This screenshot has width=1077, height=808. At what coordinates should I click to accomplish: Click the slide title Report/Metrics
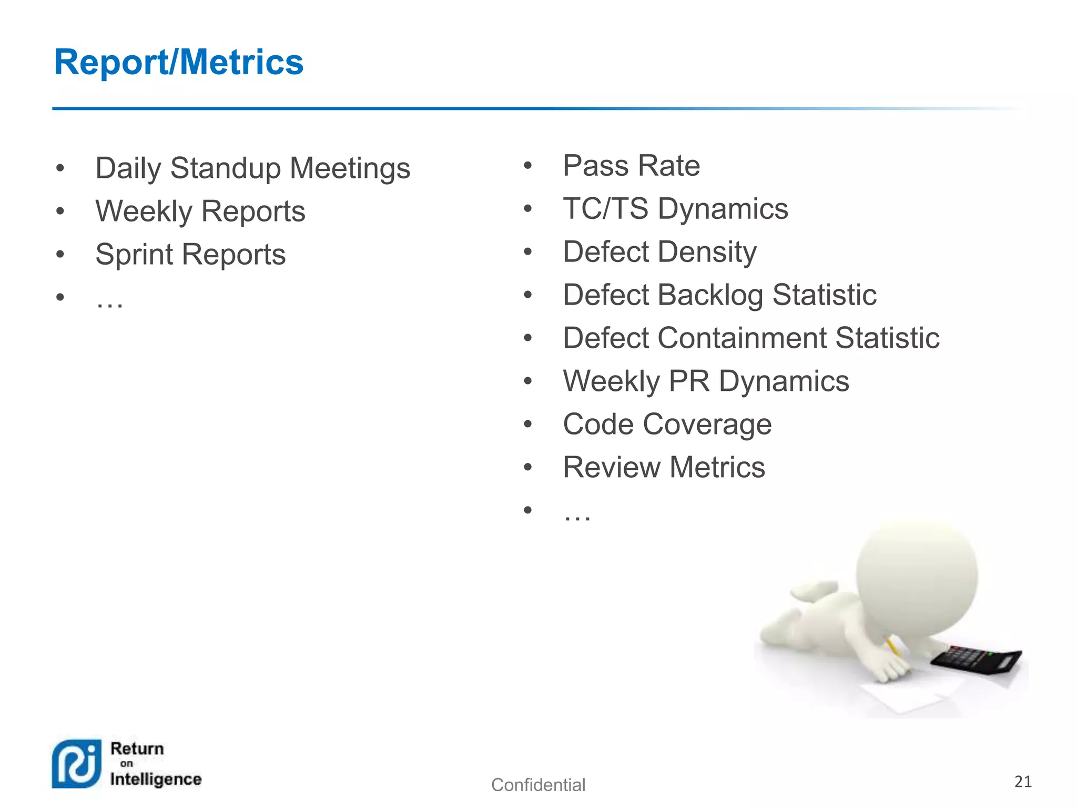pyautogui.click(x=179, y=62)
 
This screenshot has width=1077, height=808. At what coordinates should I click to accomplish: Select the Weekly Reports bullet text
pyautogui.click(x=200, y=211)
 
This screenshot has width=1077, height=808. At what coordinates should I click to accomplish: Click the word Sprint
pyautogui.click(x=134, y=255)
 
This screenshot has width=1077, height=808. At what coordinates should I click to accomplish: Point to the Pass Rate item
pyautogui.click(x=631, y=166)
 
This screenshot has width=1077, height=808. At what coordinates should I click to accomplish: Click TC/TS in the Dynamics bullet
pyautogui.click(x=605, y=208)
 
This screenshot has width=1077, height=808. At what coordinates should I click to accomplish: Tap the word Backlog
pyautogui.click(x=710, y=295)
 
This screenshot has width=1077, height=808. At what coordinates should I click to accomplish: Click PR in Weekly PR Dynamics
pyautogui.click(x=689, y=381)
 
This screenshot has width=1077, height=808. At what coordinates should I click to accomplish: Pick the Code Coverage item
pyautogui.click(x=667, y=424)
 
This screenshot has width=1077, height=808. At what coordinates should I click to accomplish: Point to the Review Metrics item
pyautogui.click(x=664, y=467)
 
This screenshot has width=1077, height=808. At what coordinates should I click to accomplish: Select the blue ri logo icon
pyautogui.click(x=77, y=764)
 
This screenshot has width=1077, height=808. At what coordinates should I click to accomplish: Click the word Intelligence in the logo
pyautogui.click(x=156, y=779)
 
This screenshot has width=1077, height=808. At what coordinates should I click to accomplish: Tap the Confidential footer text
pyautogui.click(x=538, y=785)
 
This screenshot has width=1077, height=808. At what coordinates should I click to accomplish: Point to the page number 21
pyautogui.click(x=1023, y=782)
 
